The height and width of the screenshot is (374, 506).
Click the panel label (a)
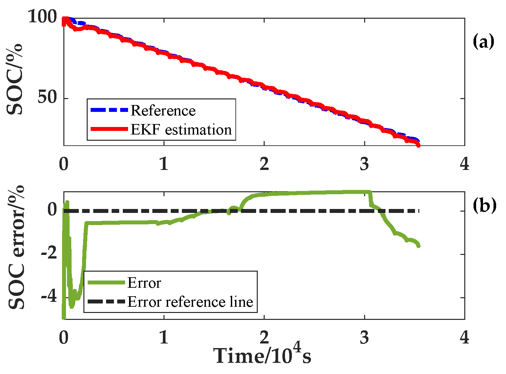pos(483,42)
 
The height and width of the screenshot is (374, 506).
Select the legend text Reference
pos(163,111)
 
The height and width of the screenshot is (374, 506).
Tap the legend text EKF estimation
pos(181,130)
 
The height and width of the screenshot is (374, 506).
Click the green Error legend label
pos(144,283)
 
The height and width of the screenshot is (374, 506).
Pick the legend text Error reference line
pos(190,302)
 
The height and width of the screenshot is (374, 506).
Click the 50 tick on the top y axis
pos(47,97)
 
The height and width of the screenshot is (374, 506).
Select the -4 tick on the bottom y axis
pos(49,298)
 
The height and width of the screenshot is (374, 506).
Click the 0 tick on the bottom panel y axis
pos(53,210)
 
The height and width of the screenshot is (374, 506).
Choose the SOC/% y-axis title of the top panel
pos(15,79)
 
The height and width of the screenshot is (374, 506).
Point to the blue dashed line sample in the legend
pos(109,110)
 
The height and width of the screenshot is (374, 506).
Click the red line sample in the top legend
pos(109,129)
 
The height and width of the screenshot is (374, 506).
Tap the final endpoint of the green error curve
pos(418,246)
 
